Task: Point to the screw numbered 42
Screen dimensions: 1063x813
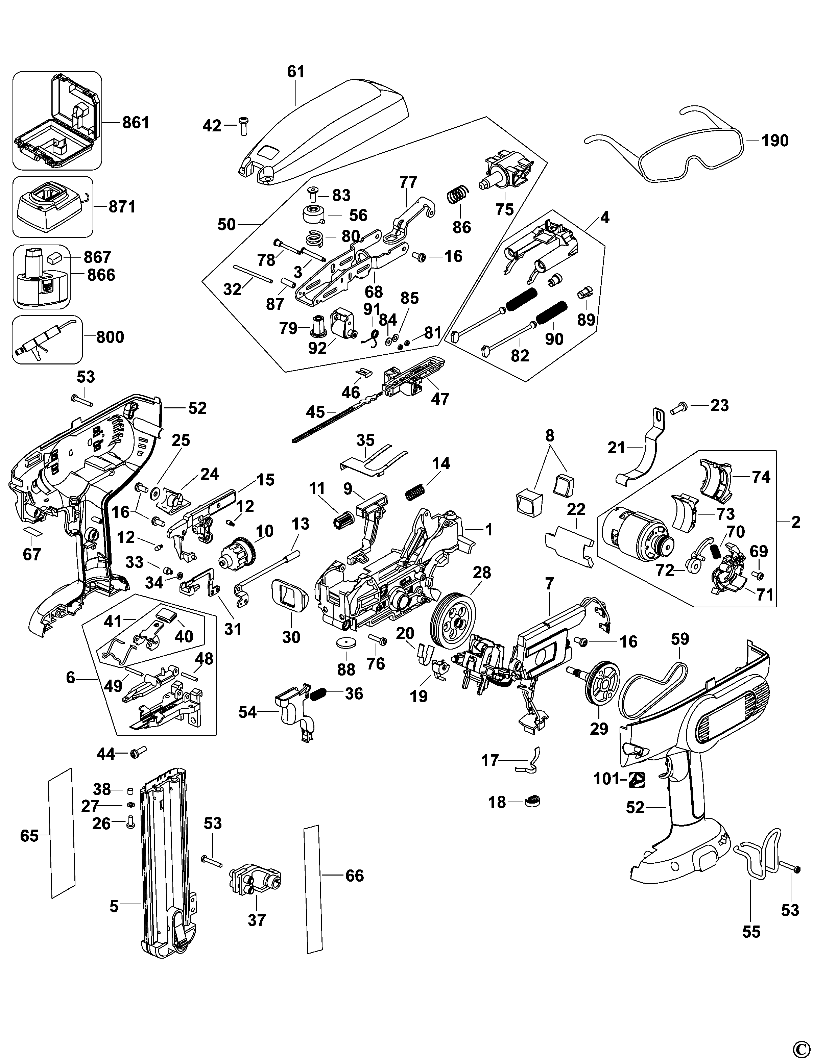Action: click(242, 126)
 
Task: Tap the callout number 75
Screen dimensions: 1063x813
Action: click(504, 209)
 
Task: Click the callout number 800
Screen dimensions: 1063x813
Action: click(110, 337)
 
